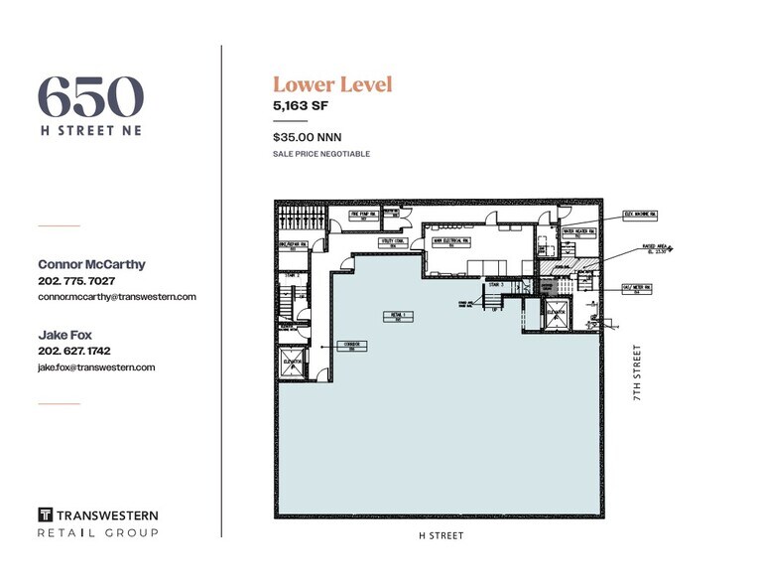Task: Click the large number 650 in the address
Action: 90,97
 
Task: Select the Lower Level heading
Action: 332,84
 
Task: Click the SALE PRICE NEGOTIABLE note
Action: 320,154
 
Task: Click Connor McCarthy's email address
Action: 116,296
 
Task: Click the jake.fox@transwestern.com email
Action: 96,367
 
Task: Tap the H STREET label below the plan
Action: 440,535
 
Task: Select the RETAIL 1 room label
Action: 397,315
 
